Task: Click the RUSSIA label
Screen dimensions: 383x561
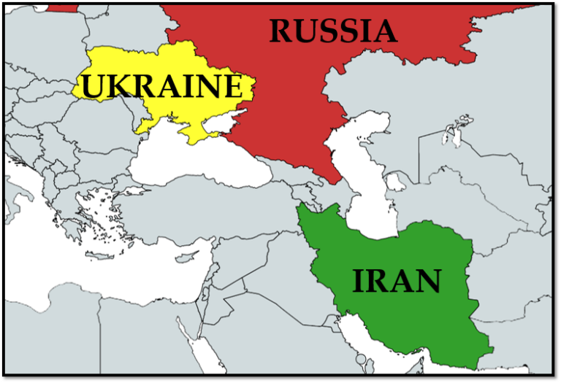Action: [332, 31]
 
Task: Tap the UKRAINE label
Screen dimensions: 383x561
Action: [161, 86]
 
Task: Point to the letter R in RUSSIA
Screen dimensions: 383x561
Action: [282, 31]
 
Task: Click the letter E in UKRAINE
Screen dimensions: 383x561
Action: [229, 86]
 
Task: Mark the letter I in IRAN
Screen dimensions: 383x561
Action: [359, 282]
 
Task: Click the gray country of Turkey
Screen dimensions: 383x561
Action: [219, 212]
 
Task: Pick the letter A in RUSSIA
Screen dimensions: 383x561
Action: [383, 31]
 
